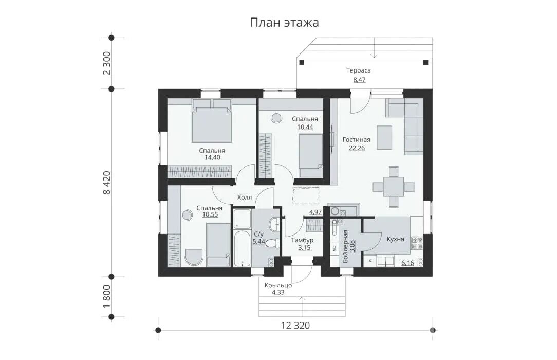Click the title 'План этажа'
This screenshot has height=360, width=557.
(284, 23)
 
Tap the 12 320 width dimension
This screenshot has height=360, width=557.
(295, 325)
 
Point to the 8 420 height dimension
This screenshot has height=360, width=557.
(107, 183)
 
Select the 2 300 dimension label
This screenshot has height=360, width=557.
(107, 63)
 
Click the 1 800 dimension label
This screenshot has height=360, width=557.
(107, 296)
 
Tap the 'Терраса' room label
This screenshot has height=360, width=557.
(359, 70)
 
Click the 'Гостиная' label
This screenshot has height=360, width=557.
(356, 140)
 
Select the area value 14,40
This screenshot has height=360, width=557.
(212, 157)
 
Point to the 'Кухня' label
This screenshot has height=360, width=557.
(395, 239)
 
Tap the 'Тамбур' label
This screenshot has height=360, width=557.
(302, 240)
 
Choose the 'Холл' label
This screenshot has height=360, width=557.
(245, 197)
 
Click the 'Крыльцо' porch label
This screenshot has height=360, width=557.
(278, 285)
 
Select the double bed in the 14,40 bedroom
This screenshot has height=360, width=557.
(212, 121)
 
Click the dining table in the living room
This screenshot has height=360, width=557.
(394, 187)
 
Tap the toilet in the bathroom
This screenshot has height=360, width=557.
(271, 243)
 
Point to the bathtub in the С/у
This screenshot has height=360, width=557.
(242, 249)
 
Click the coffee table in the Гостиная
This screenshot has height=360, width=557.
(384, 137)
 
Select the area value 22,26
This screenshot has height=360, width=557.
(357, 148)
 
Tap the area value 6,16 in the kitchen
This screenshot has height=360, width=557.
(407, 263)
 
